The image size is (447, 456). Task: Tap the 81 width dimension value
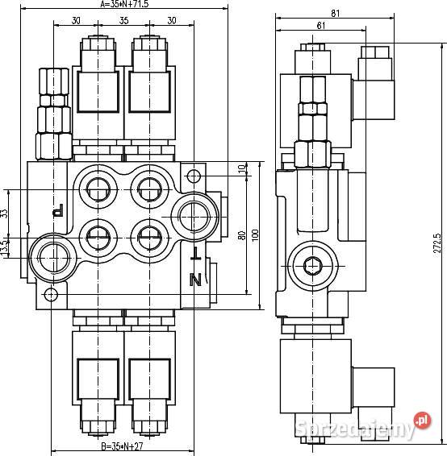point(334,12)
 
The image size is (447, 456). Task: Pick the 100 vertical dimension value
point(255,234)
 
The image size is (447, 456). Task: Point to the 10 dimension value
point(240,168)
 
